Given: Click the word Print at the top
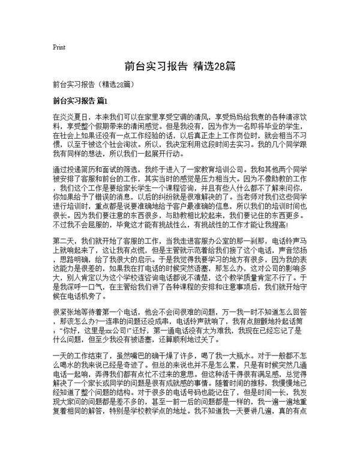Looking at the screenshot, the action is [59, 46].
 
